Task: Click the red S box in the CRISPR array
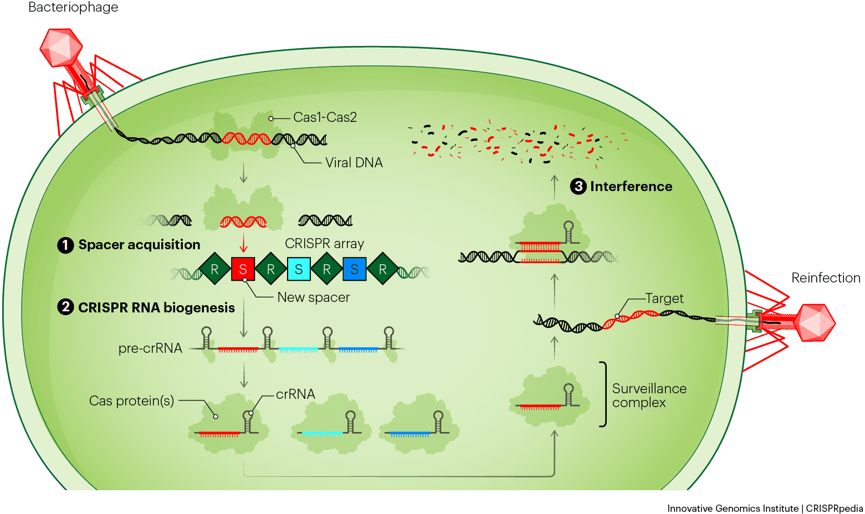click(x=243, y=269)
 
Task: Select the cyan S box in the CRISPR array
click(x=299, y=269)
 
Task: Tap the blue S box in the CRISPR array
click(x=355, y=269)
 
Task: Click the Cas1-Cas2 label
click(x=325, y=117)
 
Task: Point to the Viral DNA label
click(x=354, y=163)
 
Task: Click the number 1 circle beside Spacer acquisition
click(x=65, y=245)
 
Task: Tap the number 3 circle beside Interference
click(x=579, y=186)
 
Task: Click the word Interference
click(x=631, y=187)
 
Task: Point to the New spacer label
click(x=313, y=297)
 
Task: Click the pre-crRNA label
click(x=150, y=348)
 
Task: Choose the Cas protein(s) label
click(x=131, y=400)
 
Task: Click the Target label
click(x=664, y=299)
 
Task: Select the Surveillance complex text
click(x=649, y=395)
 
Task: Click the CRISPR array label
click(x=324, y=244)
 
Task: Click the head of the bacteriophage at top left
click(x=62, y=47)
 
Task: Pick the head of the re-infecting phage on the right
click(x=815, y=322)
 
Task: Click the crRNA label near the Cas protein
click(x=295, y=394)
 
